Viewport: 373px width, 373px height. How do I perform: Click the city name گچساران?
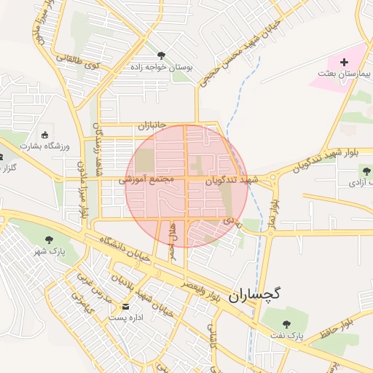[254, 294]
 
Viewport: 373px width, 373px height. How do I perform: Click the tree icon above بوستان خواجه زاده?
[161, 55]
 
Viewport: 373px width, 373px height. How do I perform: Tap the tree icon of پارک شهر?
[50, 239]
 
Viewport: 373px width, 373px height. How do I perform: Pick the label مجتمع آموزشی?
[145, 178]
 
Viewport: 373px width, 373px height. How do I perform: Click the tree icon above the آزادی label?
[364, 172]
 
